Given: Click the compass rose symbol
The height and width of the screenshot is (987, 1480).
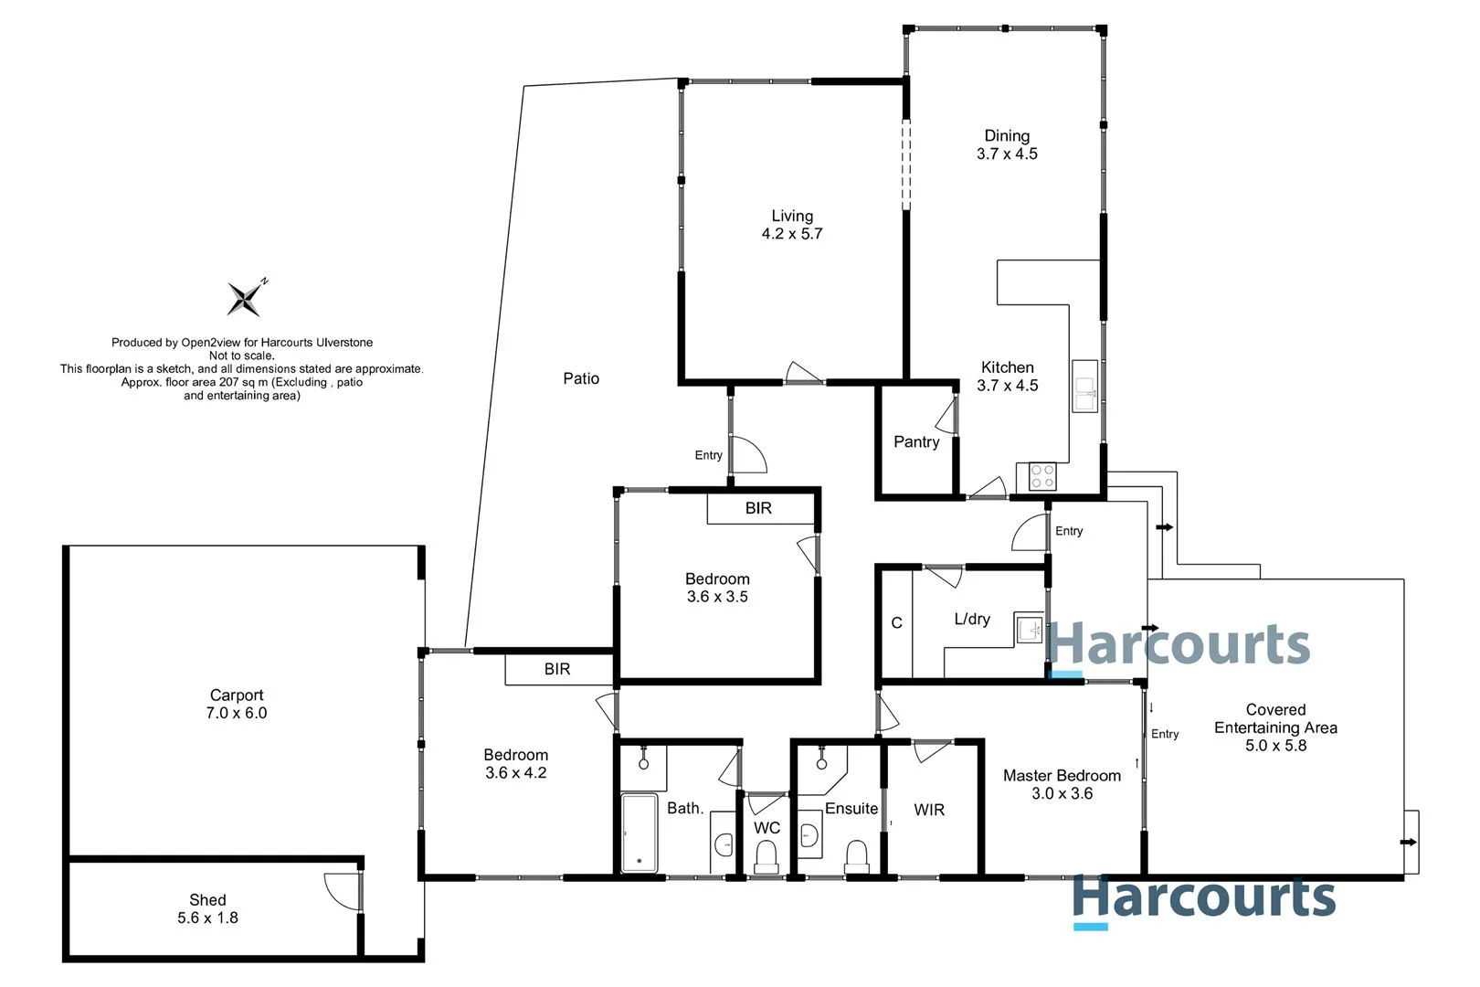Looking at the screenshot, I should (245, 298).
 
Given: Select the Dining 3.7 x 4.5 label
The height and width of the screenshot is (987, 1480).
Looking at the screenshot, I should (1007, 144).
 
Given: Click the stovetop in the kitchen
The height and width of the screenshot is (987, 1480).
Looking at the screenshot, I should (1042, 476).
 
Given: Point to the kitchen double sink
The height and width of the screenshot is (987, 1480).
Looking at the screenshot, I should (1084, 387).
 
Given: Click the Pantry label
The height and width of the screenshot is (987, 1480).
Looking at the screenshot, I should (915, 442).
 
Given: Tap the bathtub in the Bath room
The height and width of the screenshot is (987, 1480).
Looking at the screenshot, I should (639, 832).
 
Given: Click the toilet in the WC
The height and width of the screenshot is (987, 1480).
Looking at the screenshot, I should (766, 857).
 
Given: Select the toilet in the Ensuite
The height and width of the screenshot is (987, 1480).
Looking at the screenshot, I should (856, 856).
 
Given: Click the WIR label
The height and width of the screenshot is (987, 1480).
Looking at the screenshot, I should (929, 810).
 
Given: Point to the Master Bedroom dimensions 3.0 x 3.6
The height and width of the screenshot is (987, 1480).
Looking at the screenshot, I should (1062, 794).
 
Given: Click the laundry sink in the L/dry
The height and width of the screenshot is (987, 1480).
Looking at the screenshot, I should (1030, 630).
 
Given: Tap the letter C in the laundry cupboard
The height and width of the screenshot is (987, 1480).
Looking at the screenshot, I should (896, 623).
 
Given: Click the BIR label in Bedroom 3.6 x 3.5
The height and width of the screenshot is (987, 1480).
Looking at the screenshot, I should (758, 508).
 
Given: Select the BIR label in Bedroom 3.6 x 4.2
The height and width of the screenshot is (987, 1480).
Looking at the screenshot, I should (557, 669).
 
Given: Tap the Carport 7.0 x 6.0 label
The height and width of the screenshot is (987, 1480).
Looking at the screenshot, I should (237, 704).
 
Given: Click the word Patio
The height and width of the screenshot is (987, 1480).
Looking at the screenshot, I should (581, 378).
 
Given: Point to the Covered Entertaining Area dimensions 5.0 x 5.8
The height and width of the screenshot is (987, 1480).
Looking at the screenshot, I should (1275, 746).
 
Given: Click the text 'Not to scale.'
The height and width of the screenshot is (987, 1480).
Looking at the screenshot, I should (241, 356).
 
